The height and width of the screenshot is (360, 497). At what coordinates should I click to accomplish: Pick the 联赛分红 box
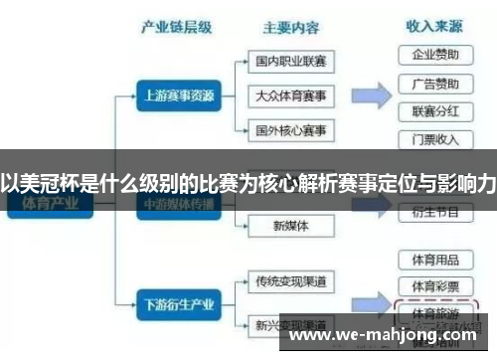click(x=435, y=110)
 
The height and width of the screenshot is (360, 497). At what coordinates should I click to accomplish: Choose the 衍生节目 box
click(x=435, y=212)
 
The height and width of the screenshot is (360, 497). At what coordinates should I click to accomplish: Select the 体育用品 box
click(x=435, y=260)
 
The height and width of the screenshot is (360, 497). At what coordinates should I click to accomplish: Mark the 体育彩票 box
click(x=435, y=285)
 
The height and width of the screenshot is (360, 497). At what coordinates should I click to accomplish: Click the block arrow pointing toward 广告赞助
click(x=372, y=95)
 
